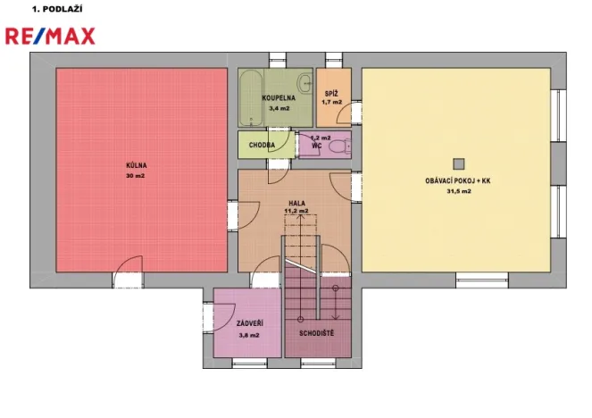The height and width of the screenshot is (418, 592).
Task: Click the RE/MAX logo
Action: (x=50, y=36)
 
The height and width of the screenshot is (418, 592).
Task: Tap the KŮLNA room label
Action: (x=136, y=165)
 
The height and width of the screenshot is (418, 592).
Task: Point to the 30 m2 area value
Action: (x=136, y=175)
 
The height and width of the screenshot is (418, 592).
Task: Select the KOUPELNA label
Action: (x=279, y=97)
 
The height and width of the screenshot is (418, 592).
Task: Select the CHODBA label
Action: (x=262, y=145)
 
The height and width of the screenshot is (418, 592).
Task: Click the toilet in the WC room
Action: (x=338, y=146)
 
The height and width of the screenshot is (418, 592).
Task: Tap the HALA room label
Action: (x=296, y=203)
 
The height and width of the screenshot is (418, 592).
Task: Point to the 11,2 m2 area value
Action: (x=296, y=212)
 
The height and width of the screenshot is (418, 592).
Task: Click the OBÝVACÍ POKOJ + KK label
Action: (x=457, y=180)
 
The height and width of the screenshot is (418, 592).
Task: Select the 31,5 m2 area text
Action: (x=457, y=190)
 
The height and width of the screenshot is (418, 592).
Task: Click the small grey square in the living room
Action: (x=459, y=163)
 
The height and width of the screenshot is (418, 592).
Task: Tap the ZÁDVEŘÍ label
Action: (x=248, y=324)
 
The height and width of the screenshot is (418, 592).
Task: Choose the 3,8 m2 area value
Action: (x=248, y=335)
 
